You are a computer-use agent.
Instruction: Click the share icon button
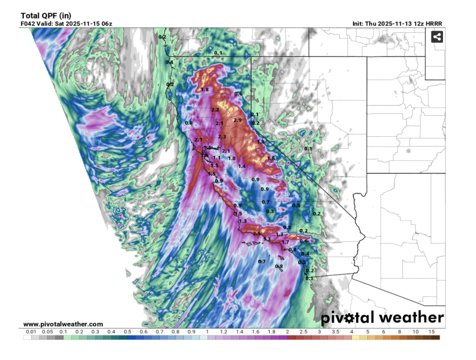point(436,37)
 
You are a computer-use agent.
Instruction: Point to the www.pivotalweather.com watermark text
point(63,324)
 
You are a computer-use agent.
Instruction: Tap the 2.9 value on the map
point(238,120)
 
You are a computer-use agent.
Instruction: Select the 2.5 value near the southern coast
point(257,233)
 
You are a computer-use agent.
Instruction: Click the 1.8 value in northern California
point(205,89)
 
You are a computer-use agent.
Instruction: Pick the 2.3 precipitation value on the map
point(222,137)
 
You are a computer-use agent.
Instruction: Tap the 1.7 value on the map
point(285,242)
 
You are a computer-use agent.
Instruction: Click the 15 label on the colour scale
point(432,332)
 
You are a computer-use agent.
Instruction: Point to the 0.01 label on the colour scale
point(31,332)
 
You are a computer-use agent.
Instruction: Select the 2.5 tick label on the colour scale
point(303,332)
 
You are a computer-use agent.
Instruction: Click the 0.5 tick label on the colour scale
point(126,332)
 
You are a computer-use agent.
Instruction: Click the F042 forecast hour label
point(28,23)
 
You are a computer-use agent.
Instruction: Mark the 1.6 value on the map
point(271,159)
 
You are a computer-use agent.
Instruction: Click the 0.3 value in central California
point(270,212)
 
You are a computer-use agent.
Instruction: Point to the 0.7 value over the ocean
point(262,262)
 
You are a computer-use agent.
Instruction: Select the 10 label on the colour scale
point(416,332)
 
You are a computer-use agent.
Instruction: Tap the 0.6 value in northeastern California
point(238,94)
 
